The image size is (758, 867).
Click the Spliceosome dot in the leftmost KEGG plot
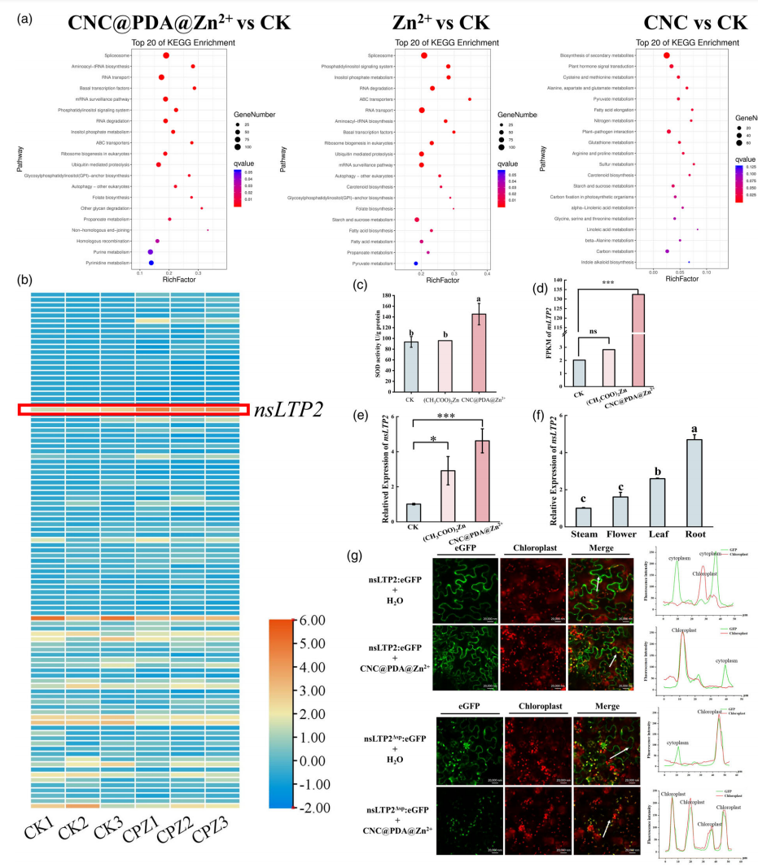click(166, 55)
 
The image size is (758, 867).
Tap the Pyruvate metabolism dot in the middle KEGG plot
click(416, 264)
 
